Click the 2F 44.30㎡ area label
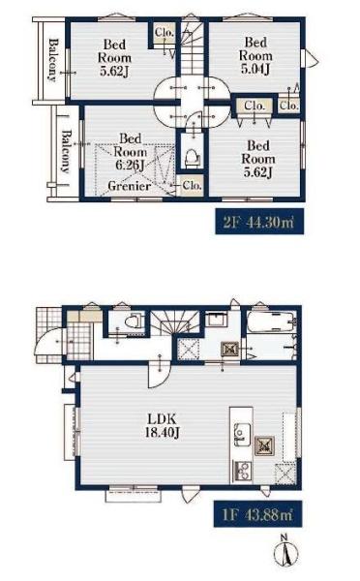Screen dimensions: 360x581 pyautogui.click(x=259, y=222)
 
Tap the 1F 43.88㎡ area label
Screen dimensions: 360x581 pyautogui.click(x=258, y=514)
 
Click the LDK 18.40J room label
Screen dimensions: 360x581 pyautogui.click(x=163, y=426)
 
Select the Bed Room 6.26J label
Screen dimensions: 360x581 pyautogui.click(x=130, y=152)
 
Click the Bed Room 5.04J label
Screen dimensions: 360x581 pyautogui.click(x=255, y=55)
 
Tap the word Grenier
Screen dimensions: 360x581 pyautogui.click(x=130, y=186)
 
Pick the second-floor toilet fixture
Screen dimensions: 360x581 pyautogui.click(x=192, y=158)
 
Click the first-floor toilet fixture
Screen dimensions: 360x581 pyautogui.click(x=134, y=321)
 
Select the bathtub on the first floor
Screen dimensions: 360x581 pyautogui.click(x=272, y=321)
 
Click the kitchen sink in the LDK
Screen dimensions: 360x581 pyautogui.click(x=241, y=433)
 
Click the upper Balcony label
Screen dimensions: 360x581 pyautogui.click(x=54, y=59)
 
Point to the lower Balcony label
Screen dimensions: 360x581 pyautogui.click(x=66, y=152)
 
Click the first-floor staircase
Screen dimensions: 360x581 pyautogui.click(x=175, y=323)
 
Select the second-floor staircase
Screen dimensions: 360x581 pyautogui.click(x=192, y=48)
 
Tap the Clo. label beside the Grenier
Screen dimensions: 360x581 pyautogui.click(x=193, y=185)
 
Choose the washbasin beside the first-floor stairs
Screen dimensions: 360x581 pyautogui.click(x=216, y=320)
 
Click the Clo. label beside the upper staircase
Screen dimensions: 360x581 pyautogui.click(x=165, y=32)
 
